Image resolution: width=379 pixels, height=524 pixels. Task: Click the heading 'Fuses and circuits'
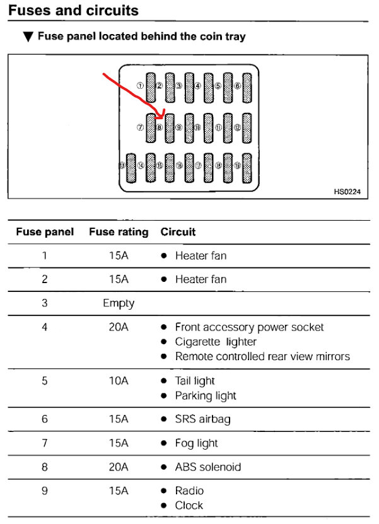pos(74,11)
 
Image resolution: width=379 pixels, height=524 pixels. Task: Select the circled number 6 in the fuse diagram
pos(237,86)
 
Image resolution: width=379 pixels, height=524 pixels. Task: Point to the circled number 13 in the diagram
pos(121,166)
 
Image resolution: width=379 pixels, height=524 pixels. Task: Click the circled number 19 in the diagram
pos(237,166)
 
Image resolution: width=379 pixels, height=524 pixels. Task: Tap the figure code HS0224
pos(347,191)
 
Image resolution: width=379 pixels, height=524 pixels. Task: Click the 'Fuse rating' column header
pos(119,232)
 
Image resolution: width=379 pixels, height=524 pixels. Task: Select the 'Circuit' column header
pos(178,232)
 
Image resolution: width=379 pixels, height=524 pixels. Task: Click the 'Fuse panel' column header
pos(45,232)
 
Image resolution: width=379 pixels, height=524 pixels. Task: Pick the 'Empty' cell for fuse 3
pos(119,303)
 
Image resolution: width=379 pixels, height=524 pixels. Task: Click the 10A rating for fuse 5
pos(119,381)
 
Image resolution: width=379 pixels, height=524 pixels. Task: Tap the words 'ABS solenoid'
pos(207,467)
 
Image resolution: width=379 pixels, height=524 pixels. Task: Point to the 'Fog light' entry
pos(196,443)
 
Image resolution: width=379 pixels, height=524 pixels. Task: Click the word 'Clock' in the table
pos(189,505)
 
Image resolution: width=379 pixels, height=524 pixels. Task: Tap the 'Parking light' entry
pos(206,395)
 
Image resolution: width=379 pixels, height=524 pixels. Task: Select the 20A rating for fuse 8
pos(119,467)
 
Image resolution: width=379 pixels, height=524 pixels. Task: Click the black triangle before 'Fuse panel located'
pos(27,37)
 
